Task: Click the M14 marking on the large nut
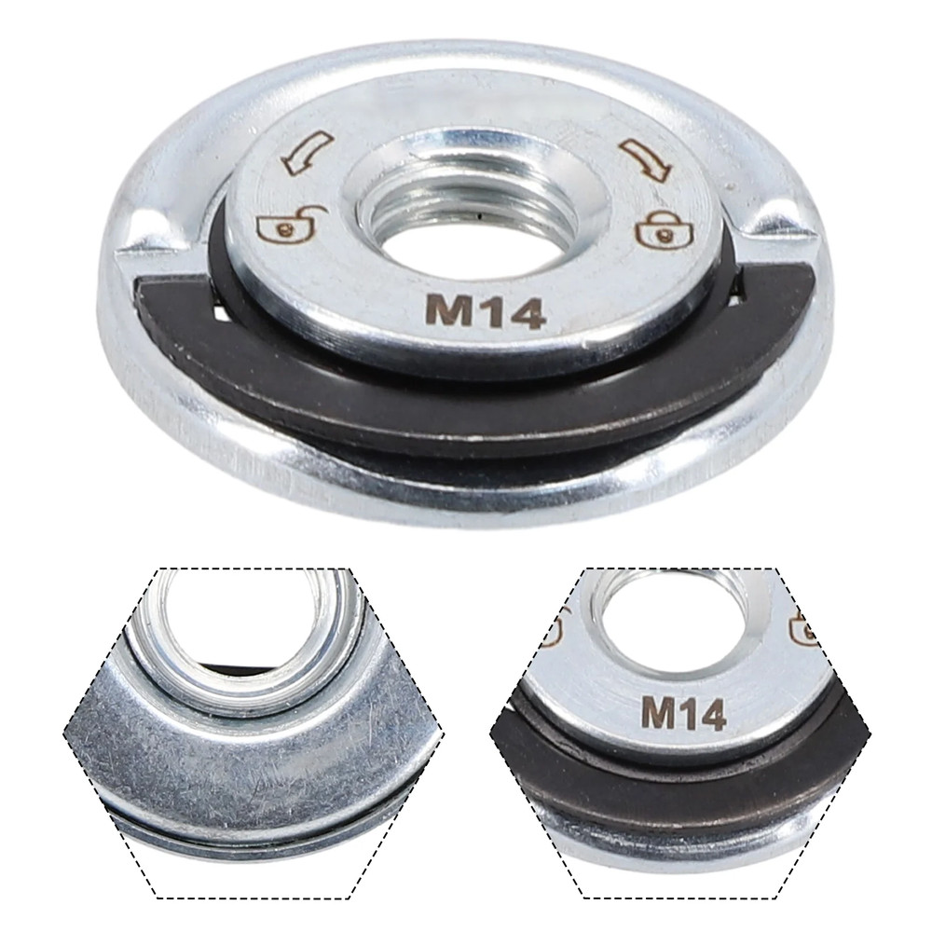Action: pos(485,312)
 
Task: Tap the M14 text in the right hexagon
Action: pos(684,714)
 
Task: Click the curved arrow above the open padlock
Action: pos(308,152)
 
